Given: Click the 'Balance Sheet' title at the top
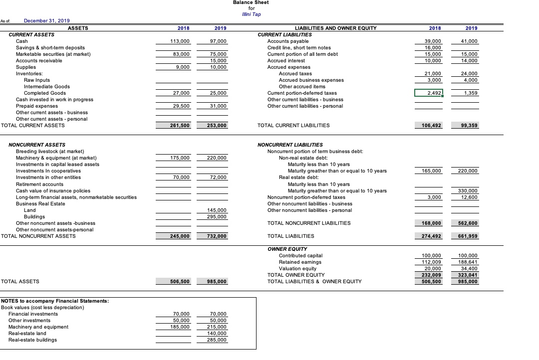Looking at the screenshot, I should pos(251,2).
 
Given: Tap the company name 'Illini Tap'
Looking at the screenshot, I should pos(251,14).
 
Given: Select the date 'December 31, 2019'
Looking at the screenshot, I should pos(47,20).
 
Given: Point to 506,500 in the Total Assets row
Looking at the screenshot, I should pos(178,282).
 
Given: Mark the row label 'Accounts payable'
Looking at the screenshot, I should pos(288,41).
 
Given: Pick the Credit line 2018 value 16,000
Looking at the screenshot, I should pos(432,47).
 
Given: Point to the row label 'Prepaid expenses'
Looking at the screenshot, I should pos(37,106).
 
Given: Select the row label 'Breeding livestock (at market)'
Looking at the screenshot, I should pos(50,151).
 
